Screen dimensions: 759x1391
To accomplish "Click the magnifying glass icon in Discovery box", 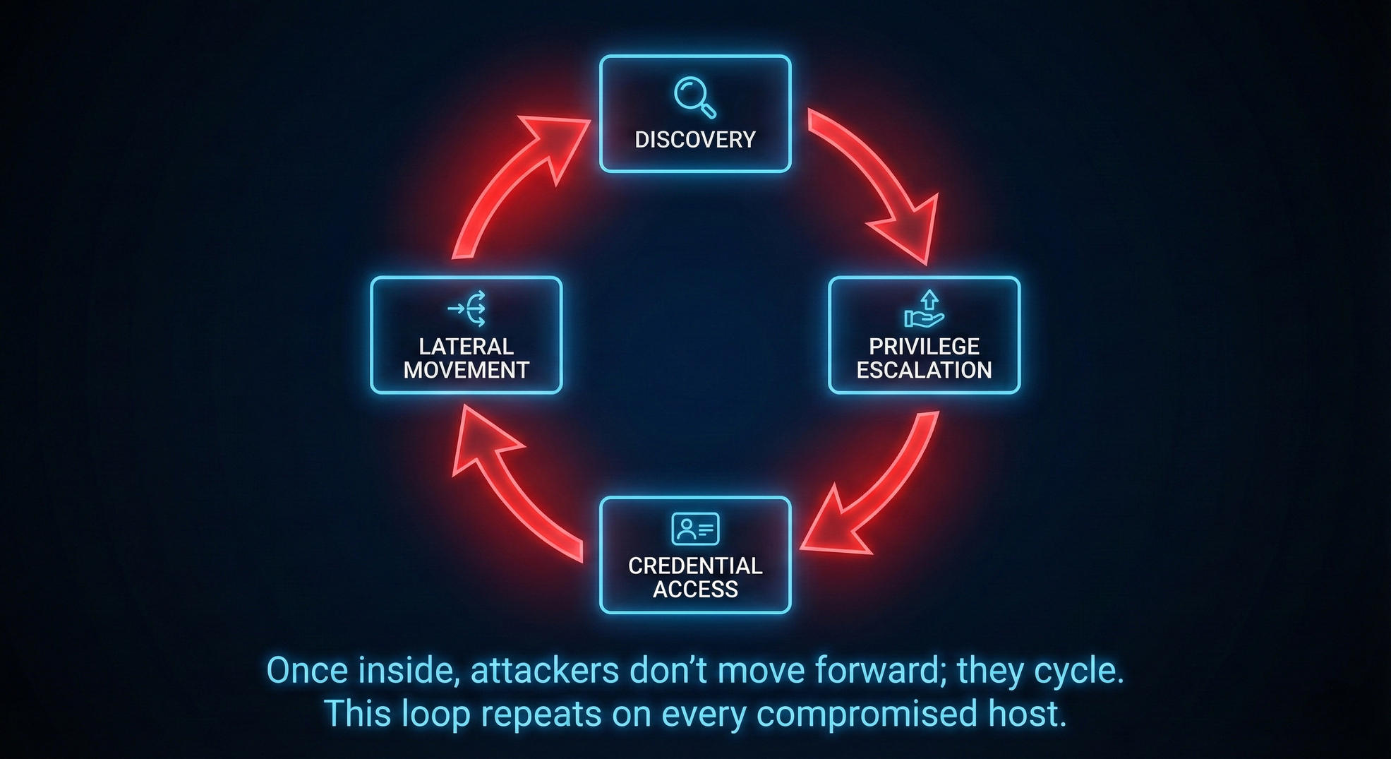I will [694, 97].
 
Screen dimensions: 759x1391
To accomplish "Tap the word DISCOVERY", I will [695, 140].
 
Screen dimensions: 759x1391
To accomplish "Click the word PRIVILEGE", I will [924, 347].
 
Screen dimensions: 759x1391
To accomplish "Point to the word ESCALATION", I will [924, 370].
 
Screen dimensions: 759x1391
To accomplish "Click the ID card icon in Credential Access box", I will [695, 529].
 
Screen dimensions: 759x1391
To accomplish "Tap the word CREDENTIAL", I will [695, 566].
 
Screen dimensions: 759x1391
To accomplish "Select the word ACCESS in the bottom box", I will [695, 589].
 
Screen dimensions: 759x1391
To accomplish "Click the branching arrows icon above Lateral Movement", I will [467, 309].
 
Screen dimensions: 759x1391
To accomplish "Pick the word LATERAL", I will [466, 347].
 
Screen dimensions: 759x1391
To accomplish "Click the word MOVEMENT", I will [466, 370].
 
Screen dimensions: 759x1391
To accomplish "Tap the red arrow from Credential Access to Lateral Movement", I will [508, 487].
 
